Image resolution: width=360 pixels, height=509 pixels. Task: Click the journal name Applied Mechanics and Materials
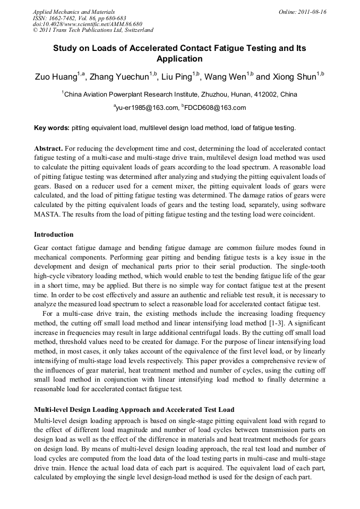[74, 12]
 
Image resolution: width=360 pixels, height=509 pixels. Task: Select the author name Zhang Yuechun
[119, 77]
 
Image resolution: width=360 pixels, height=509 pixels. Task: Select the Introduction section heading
[54, 234]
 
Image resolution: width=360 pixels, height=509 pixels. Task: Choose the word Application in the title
[179, 58]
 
